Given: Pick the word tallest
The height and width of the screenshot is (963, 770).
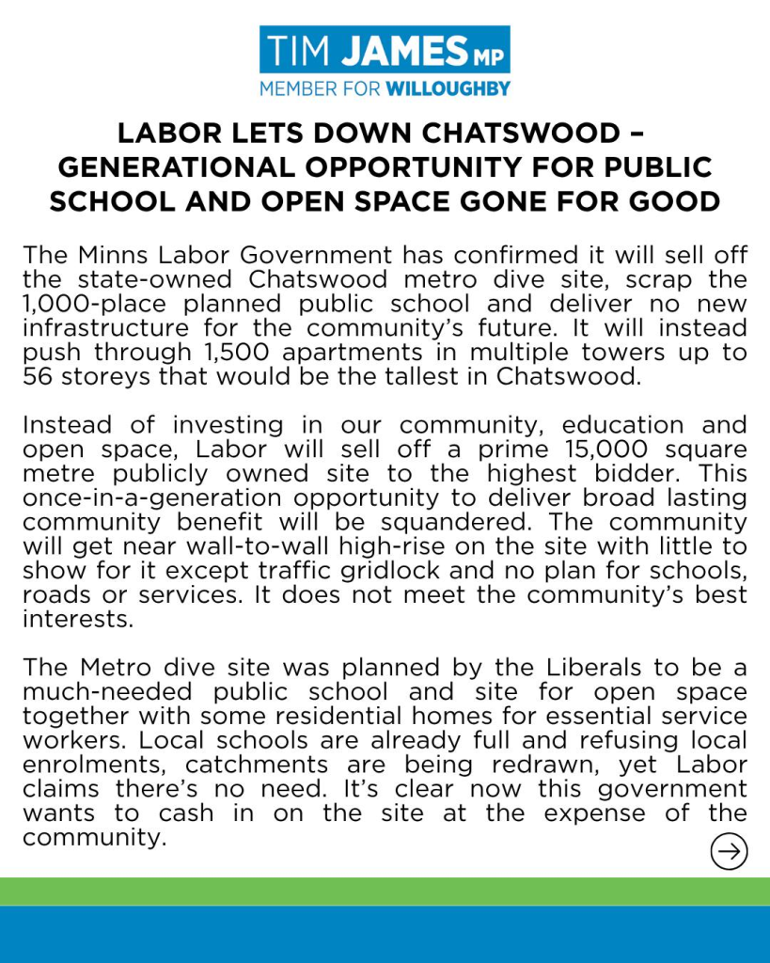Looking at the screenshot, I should (364, 377).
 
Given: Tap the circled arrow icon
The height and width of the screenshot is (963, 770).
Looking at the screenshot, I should (729, 852).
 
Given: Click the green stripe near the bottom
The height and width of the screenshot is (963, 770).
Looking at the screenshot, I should (385, 892).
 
